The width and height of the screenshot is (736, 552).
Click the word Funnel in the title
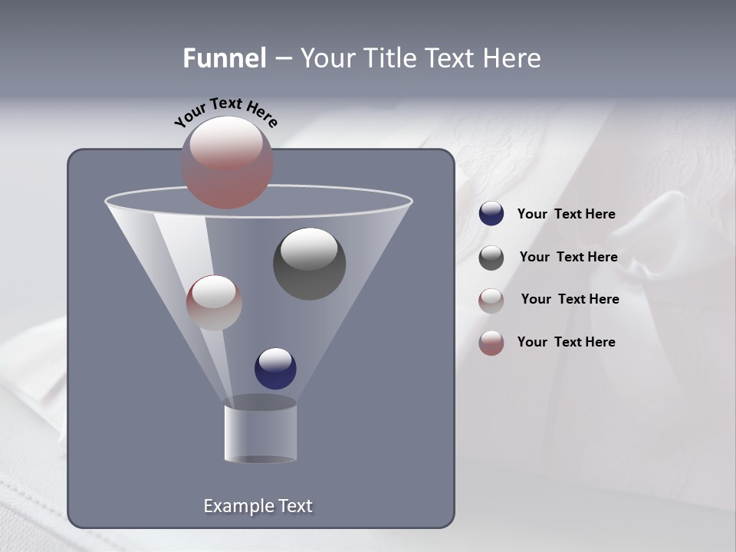click(224, 58)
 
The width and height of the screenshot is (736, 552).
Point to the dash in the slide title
click(282, 58)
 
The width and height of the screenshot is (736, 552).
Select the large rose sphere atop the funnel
click(227, 163)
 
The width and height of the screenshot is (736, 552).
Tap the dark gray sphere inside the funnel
click(309, 264)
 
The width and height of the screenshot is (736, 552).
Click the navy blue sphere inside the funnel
click(275, 368)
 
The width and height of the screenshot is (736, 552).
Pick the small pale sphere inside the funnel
click(214, 303)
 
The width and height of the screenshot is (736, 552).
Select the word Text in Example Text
click(295, 506)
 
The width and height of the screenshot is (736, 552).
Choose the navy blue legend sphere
click(491, 214)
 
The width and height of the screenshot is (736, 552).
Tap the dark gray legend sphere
click(491, 258)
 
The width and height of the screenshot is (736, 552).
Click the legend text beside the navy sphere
click(566, 214)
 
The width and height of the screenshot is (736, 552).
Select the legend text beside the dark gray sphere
click(568, 257)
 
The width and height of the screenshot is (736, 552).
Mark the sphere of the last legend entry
click(491, 343)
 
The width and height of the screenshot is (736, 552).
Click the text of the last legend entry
click(566, 342)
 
